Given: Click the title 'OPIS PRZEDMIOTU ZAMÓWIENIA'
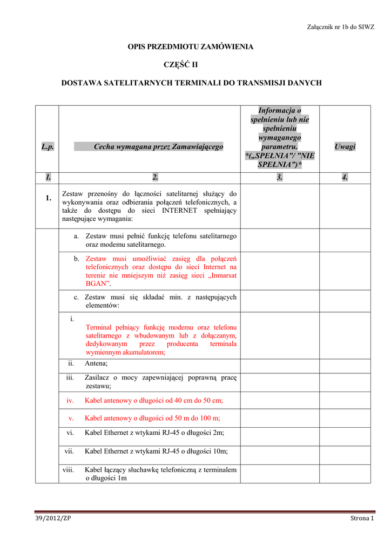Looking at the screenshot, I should pyautogui.click(x=190, y=47).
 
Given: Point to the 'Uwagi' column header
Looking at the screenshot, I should pyautogui.click(x=345, y=147).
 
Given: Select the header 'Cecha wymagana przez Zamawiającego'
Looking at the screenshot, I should pyautogui.click(x=158, y=147).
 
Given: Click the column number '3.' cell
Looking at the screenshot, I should pyautogui.click(x=279, y=177).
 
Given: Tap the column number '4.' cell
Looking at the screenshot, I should pyautogui.click(x=345, y=177).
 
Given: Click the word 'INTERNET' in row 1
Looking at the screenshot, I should pyautogui.click(x=179, y=210).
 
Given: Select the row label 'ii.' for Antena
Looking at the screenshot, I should pyautogui.click(x=70, y=363).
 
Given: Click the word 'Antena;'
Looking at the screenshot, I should pyautogui.click(x=96, y=364).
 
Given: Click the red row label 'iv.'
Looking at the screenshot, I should pyautogui.click(x=70, y=400).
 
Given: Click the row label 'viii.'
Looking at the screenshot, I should pyautogui.click(x=69, y=470).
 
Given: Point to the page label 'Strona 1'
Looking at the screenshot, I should pyautogui.click(x=361, y=518).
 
